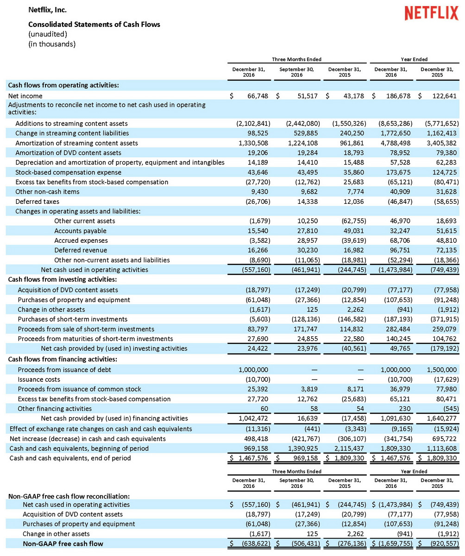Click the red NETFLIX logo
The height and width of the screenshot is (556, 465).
(x=431, y=13)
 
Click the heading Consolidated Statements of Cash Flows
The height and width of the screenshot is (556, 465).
(x=94, y=24)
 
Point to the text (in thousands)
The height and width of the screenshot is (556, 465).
(x=52, y=44)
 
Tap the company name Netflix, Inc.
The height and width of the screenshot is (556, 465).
(x=47, y=9)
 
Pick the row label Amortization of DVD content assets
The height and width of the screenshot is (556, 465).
(x=68, y=153)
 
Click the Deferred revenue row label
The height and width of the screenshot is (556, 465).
(x=81, y=250)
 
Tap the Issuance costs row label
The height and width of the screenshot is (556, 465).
(x=38, y=379)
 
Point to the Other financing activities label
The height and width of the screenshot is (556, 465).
(x=55, y=409)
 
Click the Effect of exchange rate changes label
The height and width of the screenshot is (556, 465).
(x=101, y=429)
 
